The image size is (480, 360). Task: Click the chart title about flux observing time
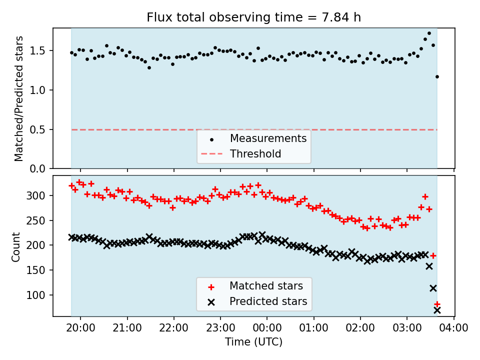click(x=253, y=17)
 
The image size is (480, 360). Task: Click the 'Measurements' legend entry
click(x=268, y=138)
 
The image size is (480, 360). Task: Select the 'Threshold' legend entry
click(x=255, y=154)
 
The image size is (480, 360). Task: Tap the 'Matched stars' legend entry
click(x=266, y=286)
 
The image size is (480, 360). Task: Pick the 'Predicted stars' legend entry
click(x=268, y=301)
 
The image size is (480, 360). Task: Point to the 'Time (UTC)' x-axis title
click(x=253, y=342)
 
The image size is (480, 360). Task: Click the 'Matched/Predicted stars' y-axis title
click(x=19, y=98)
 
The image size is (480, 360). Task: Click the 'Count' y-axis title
click(x=16, y=246)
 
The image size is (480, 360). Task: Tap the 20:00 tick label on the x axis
click(x=80, y=328)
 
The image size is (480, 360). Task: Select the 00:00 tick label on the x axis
click(x=267, y=328)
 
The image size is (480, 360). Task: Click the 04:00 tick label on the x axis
click(x=454, y=328)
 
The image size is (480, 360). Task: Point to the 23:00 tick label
click(x=220, y=328)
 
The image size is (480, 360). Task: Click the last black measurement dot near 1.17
click(x=437, y=76)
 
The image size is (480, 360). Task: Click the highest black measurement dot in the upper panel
click(x=429, y=33)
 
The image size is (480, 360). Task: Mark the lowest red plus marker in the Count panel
click(x=437, y=304)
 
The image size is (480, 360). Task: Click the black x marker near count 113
click(x=433, y=288)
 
